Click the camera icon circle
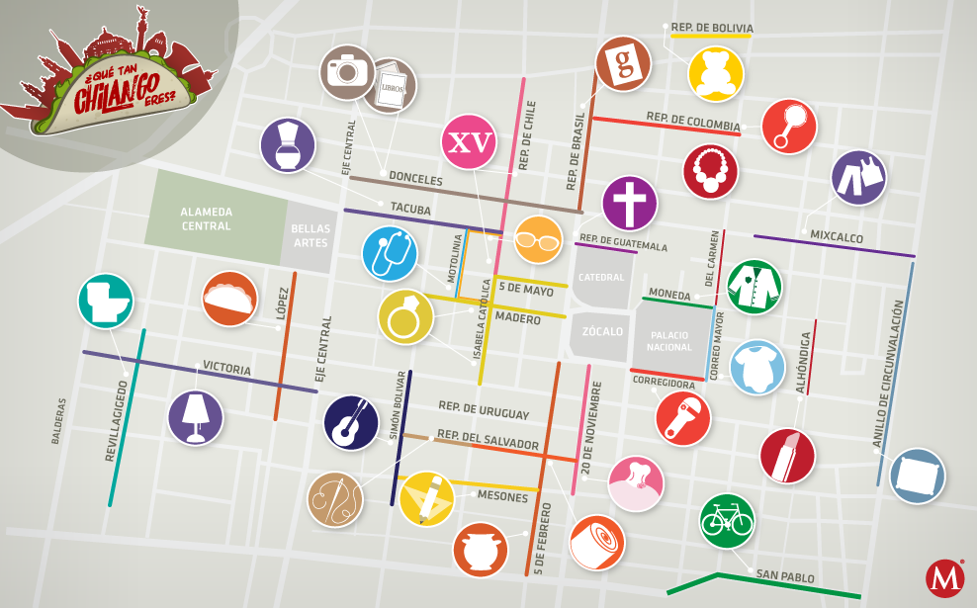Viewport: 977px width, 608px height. [x=347, y=71]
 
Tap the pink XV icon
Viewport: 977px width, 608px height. [x=469, y=142]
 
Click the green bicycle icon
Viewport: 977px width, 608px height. [x=727, y=520]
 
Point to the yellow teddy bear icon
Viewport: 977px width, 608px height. [x=716, y=74]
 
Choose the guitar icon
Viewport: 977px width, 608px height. [x=351, y=422]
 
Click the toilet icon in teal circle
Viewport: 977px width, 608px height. [x=106, y=300]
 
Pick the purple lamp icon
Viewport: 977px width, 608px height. [x=195, y=416]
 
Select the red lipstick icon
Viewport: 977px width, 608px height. [x=787, y=455]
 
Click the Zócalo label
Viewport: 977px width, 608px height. [x=602, y=331]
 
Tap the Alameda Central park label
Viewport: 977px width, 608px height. [x=206, y=218]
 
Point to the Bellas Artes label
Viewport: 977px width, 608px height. [x=310, y=235]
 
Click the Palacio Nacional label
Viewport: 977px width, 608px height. [x=669, y=341]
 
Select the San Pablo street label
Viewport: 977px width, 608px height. [x=785, y=576]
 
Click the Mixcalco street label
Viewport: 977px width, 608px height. [x=837, y=237]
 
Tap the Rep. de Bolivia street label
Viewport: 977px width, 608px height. [x=712, y=28]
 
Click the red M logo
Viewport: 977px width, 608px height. [x=945, y=578]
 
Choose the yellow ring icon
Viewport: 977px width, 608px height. [x=405, y=316]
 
